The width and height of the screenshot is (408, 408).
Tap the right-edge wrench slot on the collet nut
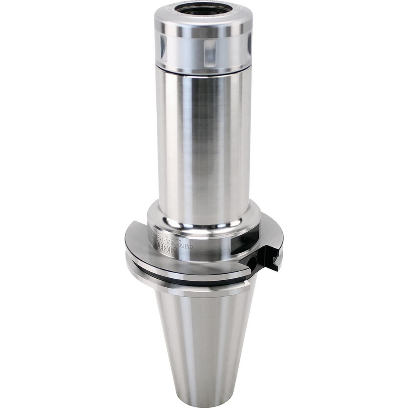(x=249, y=45)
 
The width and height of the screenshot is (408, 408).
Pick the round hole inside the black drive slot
(x=254, y=260)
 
